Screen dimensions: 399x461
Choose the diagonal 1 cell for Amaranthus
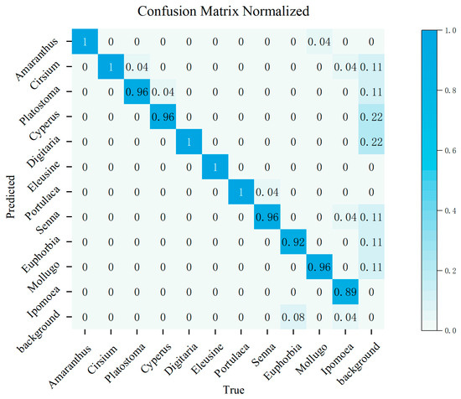[x=85, y=41]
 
